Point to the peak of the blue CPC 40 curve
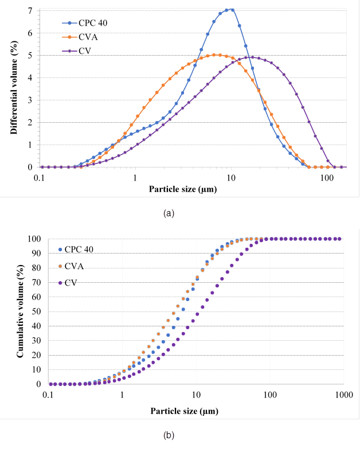tap(229, 10)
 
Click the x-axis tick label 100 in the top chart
tap(327, 178)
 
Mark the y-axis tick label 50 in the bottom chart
tap(36, 311)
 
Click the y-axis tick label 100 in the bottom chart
tap(34, 239)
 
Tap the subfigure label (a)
tap(169, 213)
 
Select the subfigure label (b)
tap(169, 435)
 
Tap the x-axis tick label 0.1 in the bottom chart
tap(49, 395)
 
